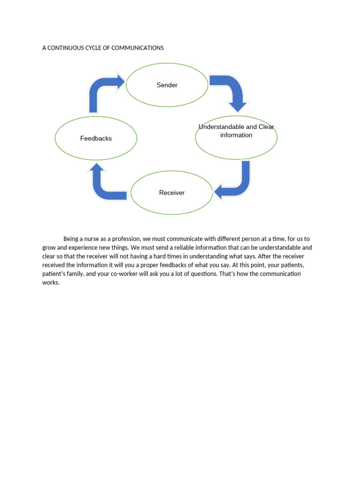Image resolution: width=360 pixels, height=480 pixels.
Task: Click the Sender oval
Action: (x=167, y=85)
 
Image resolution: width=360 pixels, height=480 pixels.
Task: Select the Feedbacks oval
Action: (x=96, y=138)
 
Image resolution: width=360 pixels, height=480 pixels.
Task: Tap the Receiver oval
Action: (x=172, y=193)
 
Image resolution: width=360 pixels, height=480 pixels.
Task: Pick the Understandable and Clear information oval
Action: (x=236, y=138)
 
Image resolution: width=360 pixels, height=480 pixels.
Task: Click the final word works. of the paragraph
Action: (x=51, y=283)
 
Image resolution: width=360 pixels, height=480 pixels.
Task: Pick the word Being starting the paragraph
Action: (x=71, y=239)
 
